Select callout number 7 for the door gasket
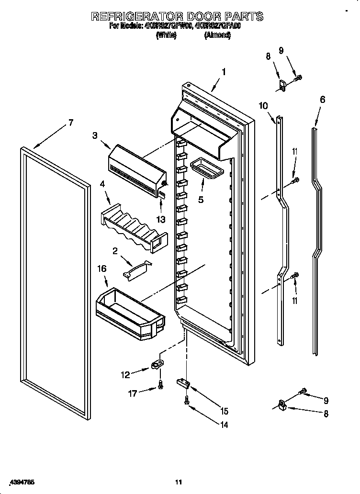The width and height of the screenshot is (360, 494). (70, 123)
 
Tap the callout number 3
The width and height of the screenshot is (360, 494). (95, 135)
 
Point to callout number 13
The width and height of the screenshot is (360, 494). (161, 219)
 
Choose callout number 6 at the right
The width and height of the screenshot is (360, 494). (322, 100)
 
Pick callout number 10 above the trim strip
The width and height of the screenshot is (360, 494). (264, 106)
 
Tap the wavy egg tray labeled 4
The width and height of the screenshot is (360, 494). (134, 225)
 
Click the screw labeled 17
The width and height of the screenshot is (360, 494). (160, 384)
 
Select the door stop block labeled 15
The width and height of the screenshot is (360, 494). (182, 382)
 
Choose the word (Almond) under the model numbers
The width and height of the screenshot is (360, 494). (217, 35)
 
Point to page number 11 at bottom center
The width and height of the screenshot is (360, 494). (179, 482)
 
